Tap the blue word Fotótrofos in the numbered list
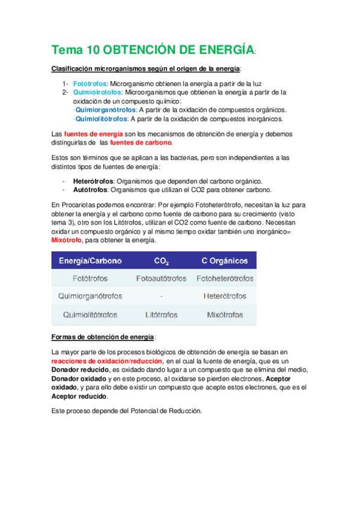90,84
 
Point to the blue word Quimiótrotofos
97,93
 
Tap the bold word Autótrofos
90,190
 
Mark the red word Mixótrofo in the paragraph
68,241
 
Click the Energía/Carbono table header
90,261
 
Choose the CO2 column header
161,261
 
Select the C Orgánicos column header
224,261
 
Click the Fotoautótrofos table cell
162,279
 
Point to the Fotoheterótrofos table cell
224,279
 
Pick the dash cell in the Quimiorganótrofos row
162,296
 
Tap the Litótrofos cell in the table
162,315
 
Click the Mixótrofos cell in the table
224,315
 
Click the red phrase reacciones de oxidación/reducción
107,361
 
